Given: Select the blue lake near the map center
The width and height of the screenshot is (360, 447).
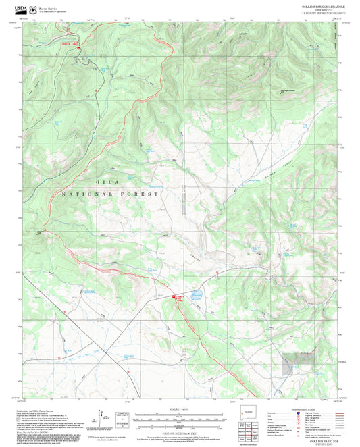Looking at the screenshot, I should pyautogui.click(x=196, y=295).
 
